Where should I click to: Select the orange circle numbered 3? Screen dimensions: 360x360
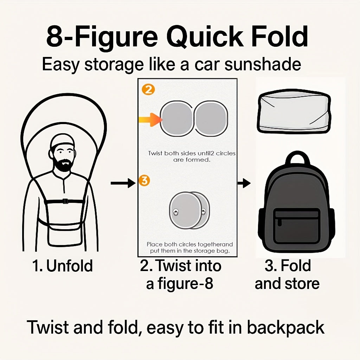click(x=144, y=181)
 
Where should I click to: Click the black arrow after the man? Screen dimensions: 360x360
click(x=123, y=183)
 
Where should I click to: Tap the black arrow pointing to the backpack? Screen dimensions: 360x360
click(x=244, y=183)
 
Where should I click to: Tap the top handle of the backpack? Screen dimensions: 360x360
click(x=297, y=160)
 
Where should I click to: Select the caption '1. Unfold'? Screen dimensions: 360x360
click(x=62, y=266)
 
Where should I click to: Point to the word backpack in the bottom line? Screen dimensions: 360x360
click(x=285, y=328)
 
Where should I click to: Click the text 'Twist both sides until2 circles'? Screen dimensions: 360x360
click(x=192, y=153)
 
